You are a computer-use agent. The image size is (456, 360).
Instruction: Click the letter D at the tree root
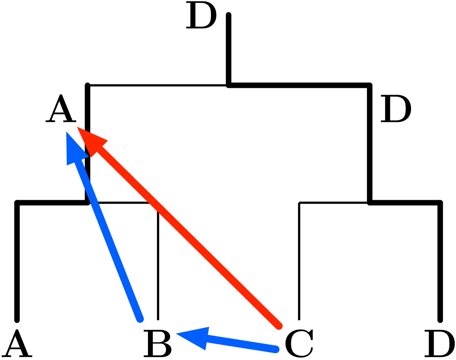(201, 15)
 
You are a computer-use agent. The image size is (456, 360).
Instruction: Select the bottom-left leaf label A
(17, 343)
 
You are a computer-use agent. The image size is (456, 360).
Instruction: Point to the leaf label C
(299, 343)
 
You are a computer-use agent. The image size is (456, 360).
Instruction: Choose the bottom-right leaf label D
(439, 343)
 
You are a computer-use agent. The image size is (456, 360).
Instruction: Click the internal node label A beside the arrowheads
(61, 109)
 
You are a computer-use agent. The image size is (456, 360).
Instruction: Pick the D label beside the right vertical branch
(396, 109)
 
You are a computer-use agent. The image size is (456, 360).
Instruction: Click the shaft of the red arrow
(188, 237)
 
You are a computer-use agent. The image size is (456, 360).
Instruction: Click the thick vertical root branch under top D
(229, 50)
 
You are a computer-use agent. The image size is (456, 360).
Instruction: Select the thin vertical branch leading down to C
(299, 262)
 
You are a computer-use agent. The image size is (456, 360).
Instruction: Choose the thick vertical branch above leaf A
(17, 262)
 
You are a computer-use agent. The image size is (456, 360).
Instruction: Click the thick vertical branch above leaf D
(440, 262)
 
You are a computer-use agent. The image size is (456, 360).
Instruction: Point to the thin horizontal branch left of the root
(157, 86)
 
